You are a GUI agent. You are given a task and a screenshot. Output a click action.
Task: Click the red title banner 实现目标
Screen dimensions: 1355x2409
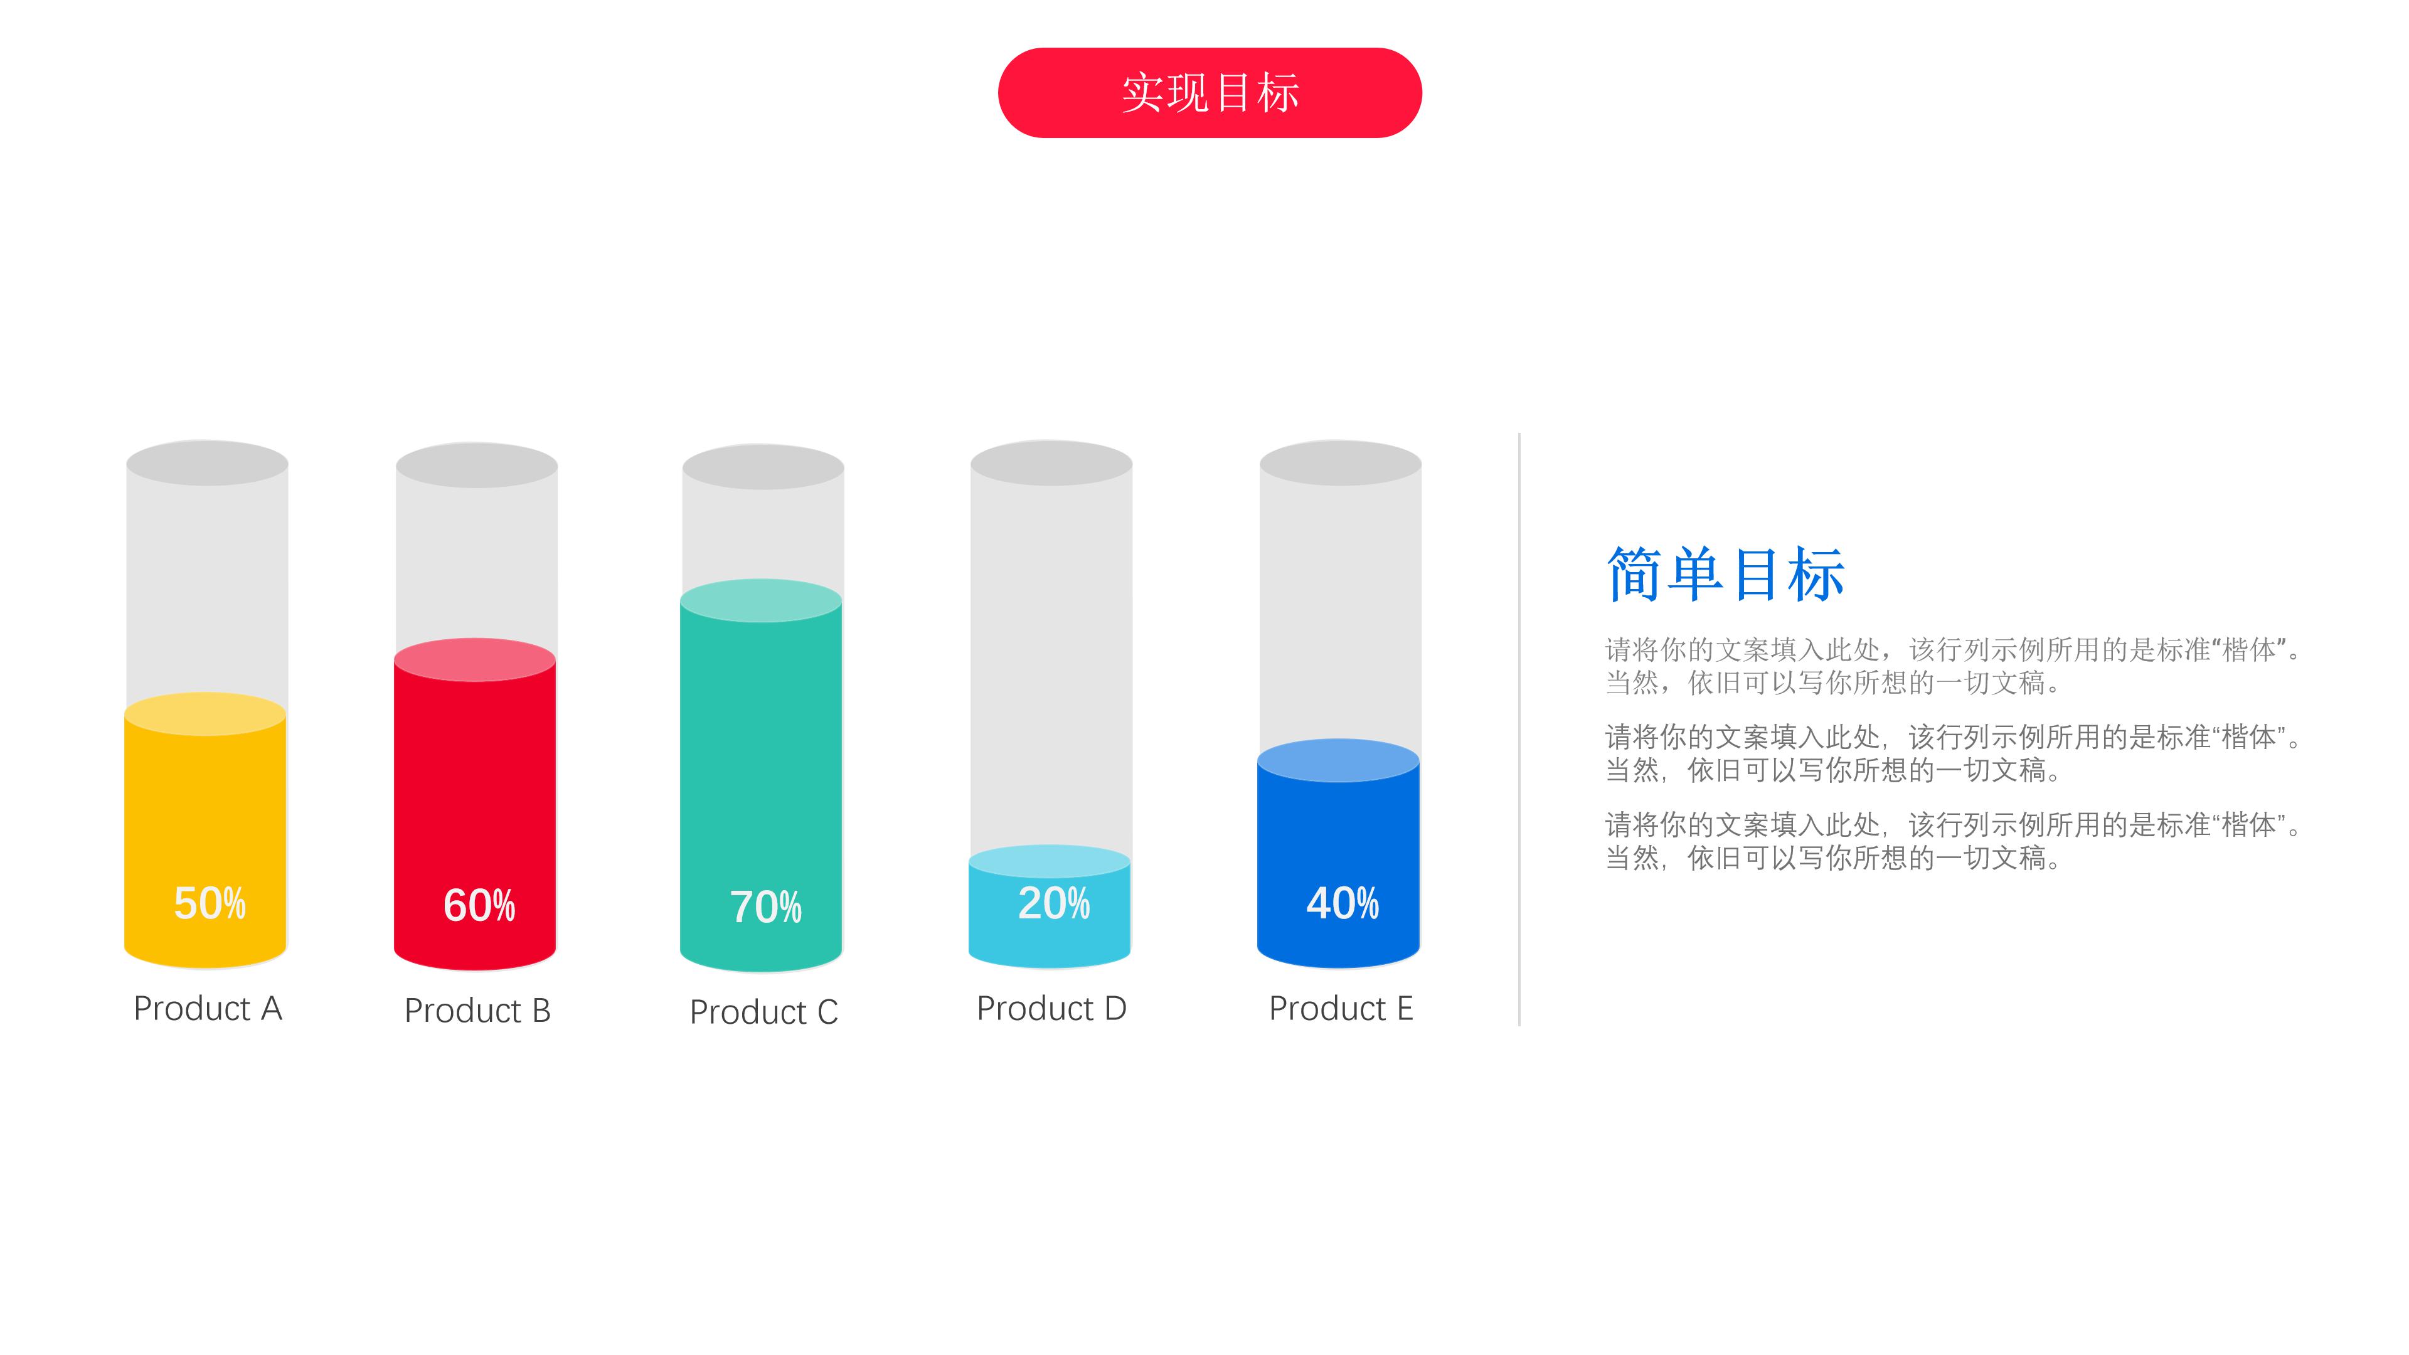tap(1209, 93)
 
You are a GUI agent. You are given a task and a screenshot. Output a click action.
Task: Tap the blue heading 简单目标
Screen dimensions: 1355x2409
tap(1725, 573)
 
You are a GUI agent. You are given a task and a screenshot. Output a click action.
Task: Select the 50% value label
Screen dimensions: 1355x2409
tap(210, 903)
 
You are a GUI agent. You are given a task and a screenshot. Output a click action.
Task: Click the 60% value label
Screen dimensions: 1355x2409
tap(479, 905)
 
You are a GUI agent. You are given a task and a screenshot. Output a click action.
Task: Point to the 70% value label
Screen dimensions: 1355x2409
tap(765, 907)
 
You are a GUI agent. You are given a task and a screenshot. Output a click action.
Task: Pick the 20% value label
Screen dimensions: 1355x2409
tap(1053, 903)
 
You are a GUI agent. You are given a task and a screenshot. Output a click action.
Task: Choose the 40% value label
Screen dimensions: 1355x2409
tap(1342, 903)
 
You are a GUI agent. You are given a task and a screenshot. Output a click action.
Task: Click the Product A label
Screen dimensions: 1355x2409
tap(208, 1008)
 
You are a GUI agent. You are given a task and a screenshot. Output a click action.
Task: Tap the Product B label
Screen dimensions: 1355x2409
tap(477, 1010)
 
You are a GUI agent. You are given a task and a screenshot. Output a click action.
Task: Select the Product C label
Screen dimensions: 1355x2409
tap(763, 1012)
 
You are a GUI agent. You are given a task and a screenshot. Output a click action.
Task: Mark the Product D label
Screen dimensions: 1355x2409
tap(1051, 1008)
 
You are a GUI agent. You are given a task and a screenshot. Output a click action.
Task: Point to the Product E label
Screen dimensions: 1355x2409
tap(1340, 1008)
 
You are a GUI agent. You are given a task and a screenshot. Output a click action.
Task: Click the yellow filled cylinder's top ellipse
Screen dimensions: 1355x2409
tap(205, 713)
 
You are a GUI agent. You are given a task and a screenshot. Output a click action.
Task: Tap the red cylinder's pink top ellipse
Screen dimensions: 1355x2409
tap(475, 659)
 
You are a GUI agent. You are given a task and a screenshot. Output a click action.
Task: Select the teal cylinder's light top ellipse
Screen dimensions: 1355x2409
tap(761, 600)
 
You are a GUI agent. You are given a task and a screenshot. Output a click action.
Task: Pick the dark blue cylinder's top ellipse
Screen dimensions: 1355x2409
tap(1338, 760)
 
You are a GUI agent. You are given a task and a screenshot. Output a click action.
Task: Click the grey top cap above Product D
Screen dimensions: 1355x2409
tap(1051, 463)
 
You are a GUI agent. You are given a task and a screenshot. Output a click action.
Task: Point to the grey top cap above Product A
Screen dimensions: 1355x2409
tap(206, 463)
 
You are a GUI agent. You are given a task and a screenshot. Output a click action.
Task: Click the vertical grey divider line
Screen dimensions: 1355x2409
tap(1519, 730)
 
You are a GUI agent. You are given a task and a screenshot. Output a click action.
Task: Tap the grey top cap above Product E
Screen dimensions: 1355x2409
tap(1340, 463)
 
